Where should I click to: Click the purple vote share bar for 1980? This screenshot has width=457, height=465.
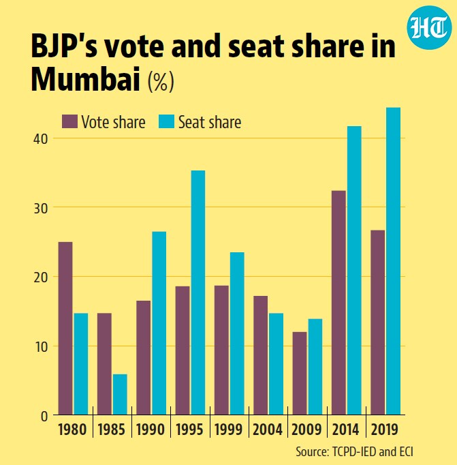(65, 328)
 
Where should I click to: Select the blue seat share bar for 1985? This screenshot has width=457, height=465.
(120, 394)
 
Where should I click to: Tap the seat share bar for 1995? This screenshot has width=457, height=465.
(198, 292)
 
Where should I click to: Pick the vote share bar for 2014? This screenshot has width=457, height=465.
(338, 303)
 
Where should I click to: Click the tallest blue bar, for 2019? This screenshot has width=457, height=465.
(394, 261)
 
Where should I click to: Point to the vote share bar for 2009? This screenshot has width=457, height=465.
(300, 374)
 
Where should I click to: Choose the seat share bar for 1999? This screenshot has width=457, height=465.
(237, 333)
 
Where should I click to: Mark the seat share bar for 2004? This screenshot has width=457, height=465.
(276, 364)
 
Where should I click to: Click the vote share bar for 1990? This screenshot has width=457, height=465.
(144, 358)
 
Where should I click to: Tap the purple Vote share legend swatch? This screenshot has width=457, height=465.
(69, 121)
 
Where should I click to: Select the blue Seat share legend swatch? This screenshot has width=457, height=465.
(166, 121)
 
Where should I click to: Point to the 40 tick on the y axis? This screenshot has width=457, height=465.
(41, 139)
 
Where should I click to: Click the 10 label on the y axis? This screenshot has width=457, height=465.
(41, 346)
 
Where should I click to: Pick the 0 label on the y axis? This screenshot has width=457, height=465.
(44, 417)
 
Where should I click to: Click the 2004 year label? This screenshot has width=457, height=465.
(268, 430)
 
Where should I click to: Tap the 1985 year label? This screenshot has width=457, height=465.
(112, 430)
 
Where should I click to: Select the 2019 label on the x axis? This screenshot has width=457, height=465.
(384, 430)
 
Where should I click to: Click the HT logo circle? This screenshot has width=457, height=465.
(429, 27)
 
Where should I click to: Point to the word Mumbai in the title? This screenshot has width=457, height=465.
(86, 80)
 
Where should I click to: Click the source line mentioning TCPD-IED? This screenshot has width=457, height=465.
(355, 452)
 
